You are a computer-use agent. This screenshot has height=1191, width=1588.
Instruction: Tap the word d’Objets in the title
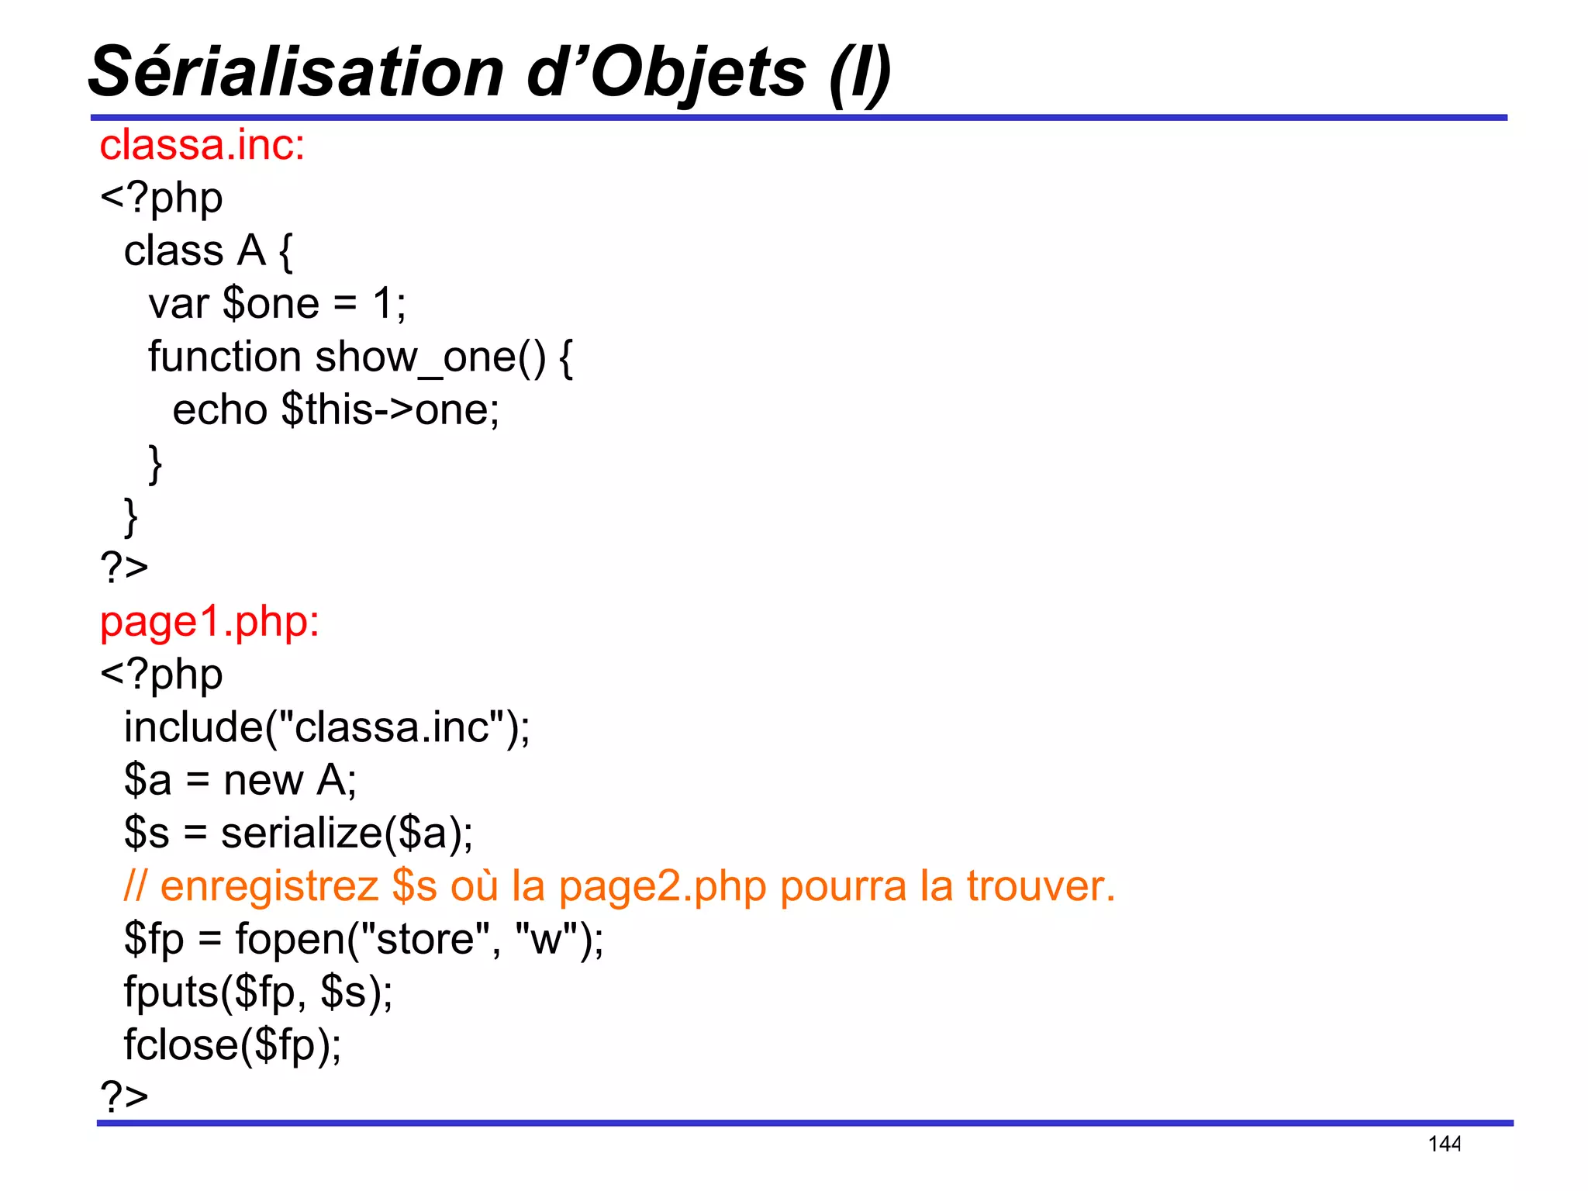coord(667,73)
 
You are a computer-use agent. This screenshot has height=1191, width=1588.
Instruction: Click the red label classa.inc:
coord(202,145)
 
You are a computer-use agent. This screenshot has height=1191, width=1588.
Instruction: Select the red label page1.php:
coord(209,622)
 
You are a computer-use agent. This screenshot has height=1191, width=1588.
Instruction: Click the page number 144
coord(1444,1144)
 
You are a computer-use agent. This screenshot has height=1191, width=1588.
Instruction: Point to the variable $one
coord(271,303)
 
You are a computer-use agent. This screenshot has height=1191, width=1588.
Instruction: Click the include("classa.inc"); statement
coord(326,727)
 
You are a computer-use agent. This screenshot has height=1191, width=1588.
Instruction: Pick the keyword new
coord(263,780)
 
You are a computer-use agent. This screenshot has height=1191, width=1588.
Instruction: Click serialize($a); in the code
coord(347,834)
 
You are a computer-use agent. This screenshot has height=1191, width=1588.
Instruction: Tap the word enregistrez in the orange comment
coord(269,886)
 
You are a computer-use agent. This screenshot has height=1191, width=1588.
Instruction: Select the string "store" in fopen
coord(424,939)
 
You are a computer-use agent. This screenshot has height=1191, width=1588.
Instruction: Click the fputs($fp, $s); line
coord(258,992)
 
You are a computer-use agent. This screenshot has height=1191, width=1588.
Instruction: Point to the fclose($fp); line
coord(232,1045)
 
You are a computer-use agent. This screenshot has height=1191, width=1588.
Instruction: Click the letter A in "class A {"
coord(251,251)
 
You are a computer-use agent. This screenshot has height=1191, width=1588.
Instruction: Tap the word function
coord(225,357)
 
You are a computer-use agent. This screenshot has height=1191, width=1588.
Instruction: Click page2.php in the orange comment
coord(662,886)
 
